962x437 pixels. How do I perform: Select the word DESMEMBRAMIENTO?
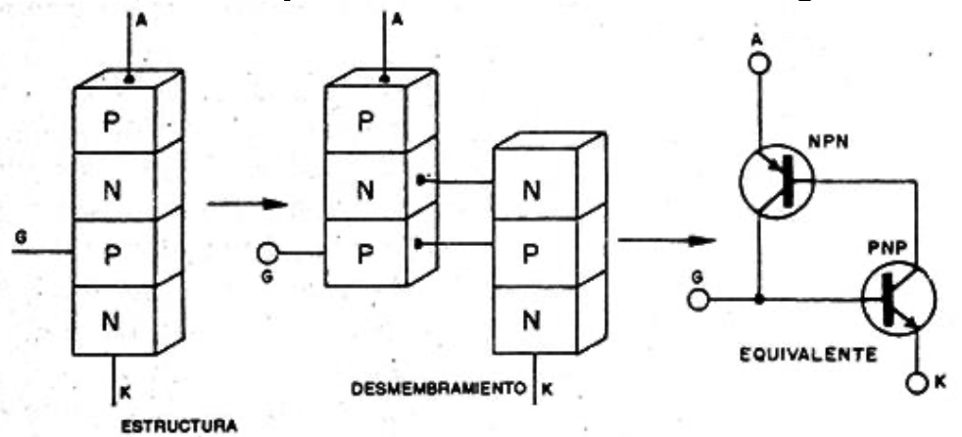438,389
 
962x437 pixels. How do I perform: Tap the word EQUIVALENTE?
808,356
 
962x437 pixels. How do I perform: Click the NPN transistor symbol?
776,181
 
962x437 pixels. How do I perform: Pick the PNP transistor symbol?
898,298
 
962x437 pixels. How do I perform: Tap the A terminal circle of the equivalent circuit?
759,64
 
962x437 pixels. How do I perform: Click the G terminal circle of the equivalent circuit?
698,300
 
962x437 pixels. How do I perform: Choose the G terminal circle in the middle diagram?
268,252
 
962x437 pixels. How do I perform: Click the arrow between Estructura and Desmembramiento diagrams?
247,204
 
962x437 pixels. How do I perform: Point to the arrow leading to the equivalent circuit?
666,240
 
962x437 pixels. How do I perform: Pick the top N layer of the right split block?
534,183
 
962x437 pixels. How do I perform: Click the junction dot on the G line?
759,300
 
